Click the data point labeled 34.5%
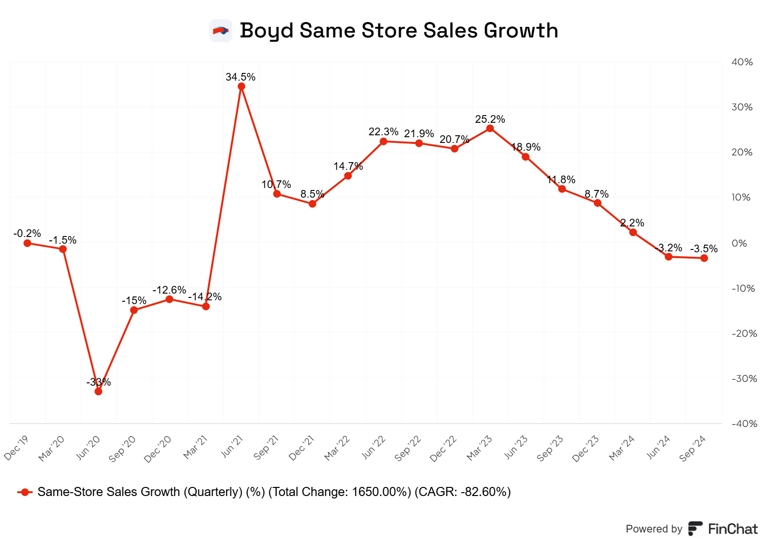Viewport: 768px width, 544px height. click(x=241, y=87)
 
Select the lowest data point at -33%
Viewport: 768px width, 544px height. click(x=98, y=391)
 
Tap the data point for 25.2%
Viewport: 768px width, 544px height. click(x=490, y=129)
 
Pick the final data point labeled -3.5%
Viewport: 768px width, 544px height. click(x=704, y=258)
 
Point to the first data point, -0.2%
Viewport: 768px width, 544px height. click(x=27, y=243)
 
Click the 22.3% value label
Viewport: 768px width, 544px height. click(x=383, y=131)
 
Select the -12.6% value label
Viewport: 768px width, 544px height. click(x=169, y=290)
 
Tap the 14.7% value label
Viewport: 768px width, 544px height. click(x=348, y=166)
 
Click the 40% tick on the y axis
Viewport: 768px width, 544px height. click(x=742, y=62)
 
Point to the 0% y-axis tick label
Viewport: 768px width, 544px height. click(x=739, y=243)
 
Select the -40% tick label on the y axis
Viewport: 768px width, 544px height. click(x=744, y=424)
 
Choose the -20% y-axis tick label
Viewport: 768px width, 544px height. click(x=744, y=333)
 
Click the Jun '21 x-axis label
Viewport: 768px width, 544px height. click(x=232, y=447)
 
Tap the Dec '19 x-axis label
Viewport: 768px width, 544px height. click(x=17, y=448)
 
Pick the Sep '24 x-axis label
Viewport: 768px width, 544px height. click(x=693, y=449)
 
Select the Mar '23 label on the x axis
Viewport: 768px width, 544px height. click(x=480, y=448)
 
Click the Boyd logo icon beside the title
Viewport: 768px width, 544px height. click(x=221, y=31)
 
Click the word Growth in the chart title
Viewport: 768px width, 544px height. click(x=521, y=30)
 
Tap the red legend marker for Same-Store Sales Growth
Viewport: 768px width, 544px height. click(x=25, y=492)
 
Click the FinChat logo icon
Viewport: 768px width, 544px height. click(x=695, y=529)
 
